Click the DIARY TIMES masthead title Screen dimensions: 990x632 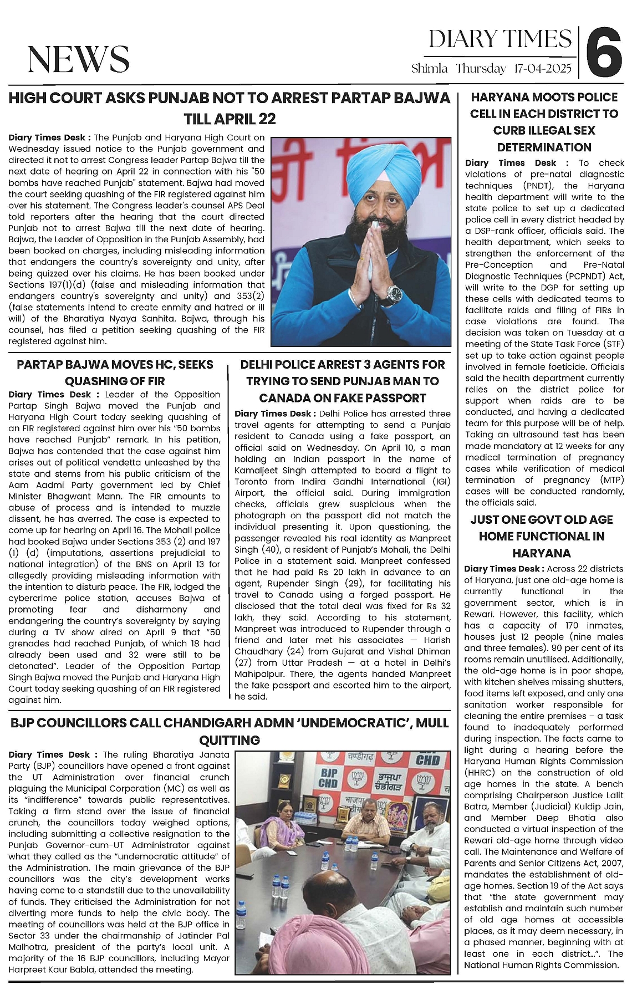click(x=500, y=39)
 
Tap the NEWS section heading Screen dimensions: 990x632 click(x=79, y=59)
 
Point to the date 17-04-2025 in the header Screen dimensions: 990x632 click(x=542, y=69)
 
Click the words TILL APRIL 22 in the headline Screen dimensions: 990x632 click(x=230, y=119)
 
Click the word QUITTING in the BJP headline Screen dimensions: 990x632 click(x=230, y=740)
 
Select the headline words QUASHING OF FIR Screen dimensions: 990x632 click(x=115, y=381)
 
